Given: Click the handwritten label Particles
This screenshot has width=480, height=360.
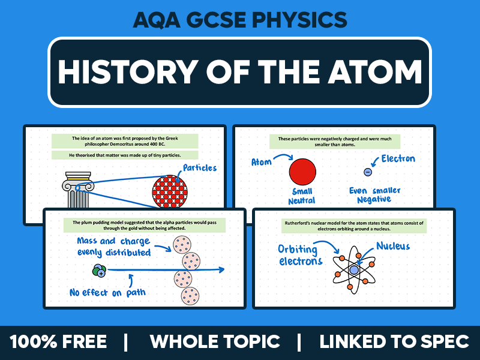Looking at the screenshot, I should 200,167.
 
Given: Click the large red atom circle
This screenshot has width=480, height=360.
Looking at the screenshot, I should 302,171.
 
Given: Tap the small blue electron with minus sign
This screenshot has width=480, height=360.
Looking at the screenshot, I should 368,172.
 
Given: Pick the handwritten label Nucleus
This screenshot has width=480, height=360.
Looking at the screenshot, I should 394,246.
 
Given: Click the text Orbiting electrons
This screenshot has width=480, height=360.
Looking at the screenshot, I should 301,254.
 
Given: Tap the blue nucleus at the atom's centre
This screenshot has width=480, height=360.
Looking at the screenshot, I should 354,270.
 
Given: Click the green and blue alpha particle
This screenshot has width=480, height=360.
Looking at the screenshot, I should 99,271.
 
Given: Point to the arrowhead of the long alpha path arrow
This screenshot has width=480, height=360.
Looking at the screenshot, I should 221,270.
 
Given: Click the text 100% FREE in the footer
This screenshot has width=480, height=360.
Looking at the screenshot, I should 58,342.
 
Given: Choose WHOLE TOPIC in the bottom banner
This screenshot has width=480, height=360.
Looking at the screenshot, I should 215,342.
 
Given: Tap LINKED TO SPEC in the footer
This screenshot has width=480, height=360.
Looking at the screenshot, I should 394,342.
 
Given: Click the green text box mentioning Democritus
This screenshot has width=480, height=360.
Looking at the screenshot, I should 124,142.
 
